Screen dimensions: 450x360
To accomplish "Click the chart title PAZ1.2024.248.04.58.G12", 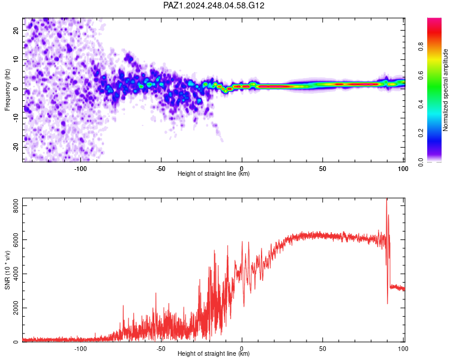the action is click(214, 5).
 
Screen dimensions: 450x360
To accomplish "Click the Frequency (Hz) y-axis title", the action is click(7, 90).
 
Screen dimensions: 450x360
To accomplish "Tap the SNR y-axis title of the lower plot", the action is click(7, 270).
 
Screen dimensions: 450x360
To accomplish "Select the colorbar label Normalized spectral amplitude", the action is click(445, 90).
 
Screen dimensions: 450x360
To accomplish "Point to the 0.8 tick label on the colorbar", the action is click(421, 47).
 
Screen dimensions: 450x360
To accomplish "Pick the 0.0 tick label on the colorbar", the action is click(421, 162).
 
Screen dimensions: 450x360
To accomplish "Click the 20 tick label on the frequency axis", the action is click(16, 31).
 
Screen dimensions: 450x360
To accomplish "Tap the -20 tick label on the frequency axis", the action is click(16, 148).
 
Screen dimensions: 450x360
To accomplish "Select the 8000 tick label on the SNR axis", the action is click(16, 206).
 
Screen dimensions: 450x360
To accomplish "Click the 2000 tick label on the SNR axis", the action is click(16, 308).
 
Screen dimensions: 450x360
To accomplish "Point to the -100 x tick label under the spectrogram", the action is click(80, 169).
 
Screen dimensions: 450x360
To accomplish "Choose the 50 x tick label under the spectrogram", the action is click(323, 169).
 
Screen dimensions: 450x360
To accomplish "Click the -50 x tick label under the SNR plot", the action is click(161, 349).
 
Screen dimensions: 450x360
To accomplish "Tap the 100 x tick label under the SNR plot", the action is click(403, 349).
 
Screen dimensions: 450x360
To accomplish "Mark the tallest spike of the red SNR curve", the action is click(386, 199).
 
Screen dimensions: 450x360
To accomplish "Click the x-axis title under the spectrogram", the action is click(214, 173).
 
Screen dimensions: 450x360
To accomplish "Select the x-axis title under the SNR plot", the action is click(214, 353).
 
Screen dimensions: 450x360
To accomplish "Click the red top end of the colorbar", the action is click(434, 19).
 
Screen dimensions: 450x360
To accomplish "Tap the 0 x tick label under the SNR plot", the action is click(242, 349).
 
